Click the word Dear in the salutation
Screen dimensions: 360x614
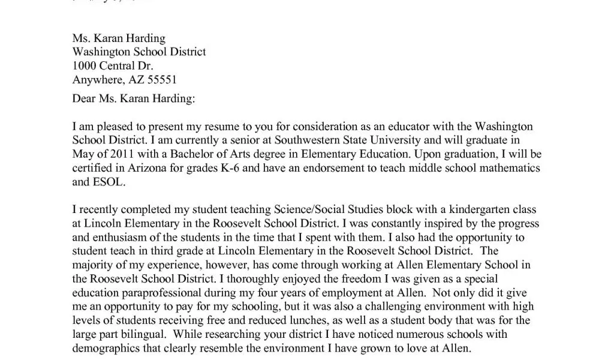pos(84,98)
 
